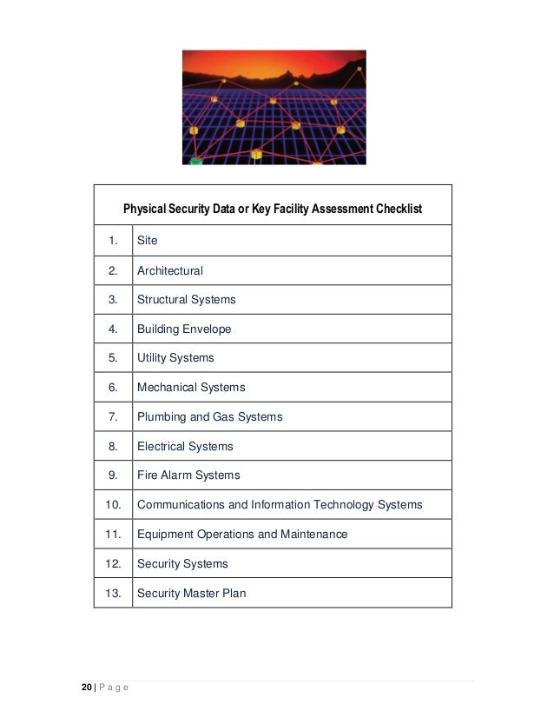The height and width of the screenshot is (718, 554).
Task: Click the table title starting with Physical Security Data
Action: (x=273, y=209)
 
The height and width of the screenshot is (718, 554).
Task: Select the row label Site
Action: (x=148, y=241)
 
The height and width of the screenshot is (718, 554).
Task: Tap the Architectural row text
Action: (x=170, y=270)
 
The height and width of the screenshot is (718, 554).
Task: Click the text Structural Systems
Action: (x=186, y=299)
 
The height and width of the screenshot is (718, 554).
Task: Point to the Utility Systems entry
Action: (x=175, y=358)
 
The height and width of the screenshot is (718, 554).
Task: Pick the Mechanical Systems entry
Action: (x=191, y=388)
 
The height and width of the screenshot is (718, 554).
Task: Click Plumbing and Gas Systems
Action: (x=209, y=417)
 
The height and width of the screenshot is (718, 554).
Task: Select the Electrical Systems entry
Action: (x=185, y=447)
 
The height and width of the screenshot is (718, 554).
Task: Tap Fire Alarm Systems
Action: (x=188, y=475)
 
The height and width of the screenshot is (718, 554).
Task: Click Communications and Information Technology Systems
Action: (x=280, y=505)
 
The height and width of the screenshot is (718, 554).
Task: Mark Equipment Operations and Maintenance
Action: (x=242, y=535)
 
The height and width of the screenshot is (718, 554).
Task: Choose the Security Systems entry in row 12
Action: (x=182, y=564)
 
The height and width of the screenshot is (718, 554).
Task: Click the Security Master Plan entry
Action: (x=191, y=594)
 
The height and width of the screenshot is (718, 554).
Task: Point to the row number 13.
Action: (x=113, y=594)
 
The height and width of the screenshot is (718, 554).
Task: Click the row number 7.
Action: (x=113, y=417)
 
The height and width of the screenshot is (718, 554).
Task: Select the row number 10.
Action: (x=113, y=505)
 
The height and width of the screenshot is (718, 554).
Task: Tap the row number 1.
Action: (x=113, y=241)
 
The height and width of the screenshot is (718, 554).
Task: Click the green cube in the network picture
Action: (x=196, y=161)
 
